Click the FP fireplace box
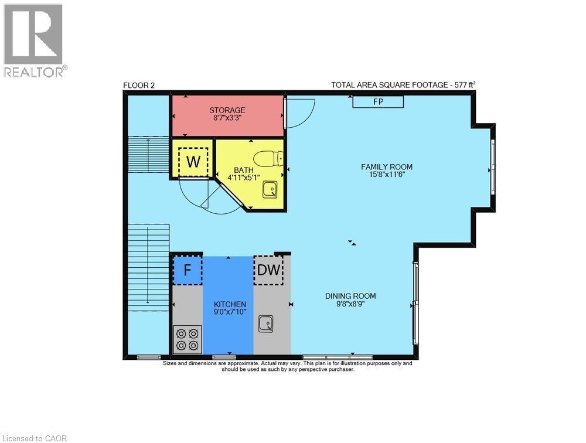pos(378,101)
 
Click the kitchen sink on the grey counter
pos(265,323)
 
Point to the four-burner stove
pos(188,339)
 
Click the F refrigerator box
pos(188,270)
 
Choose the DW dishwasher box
pos(268,270)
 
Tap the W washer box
pos(193,162)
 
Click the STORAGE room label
pos(227,110)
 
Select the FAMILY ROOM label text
pos(386,167)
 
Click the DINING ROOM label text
pos(350,296)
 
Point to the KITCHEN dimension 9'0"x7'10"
pos(230,311)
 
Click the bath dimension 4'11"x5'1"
pos(244,178)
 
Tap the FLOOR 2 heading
pos(139,86)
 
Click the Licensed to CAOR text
pos(35,438)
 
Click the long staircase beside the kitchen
pos(149,267)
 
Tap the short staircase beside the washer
pos(149,154)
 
